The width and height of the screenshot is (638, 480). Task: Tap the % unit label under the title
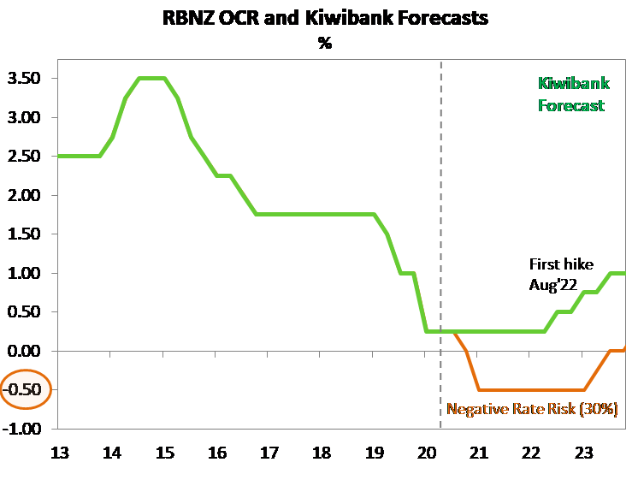(x=325, y=42)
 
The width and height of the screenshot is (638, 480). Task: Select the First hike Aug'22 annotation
(x=560, y=273)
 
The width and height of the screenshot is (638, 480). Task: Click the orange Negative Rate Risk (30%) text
(x=532, y=409)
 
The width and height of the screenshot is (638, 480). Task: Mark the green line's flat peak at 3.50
(x=151, y=79)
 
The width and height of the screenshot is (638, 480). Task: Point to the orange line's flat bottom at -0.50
(x=530, y=390)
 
